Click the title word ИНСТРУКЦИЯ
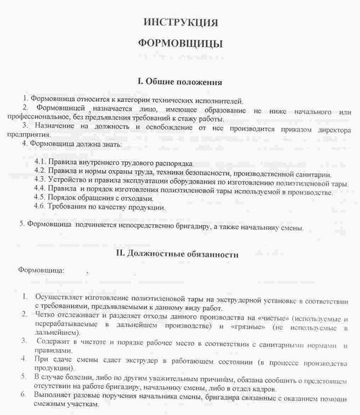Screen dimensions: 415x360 click(x=181, y=23)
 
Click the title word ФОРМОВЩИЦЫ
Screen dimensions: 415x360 click(x=180, y=44)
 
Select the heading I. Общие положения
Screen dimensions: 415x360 click(x=180, y=82)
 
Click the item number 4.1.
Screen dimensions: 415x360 click(x=40, y=163)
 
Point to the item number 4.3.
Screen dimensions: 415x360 click(x=40, y=182)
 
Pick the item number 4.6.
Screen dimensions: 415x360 click(x=40, y=207)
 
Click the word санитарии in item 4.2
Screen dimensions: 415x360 click(x=311, y=172)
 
